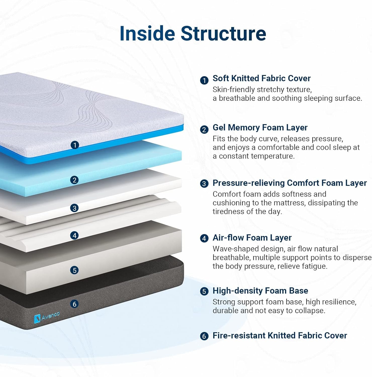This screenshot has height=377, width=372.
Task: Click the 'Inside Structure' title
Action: coord(193,33)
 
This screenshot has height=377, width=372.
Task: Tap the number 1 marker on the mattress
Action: coord(75,145)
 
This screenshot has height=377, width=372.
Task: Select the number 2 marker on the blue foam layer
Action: coord(74,180)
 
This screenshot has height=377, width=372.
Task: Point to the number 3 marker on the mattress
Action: coord(74,208)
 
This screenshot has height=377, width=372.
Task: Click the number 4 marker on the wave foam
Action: coord(74,235)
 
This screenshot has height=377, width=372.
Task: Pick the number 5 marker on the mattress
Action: coord(74,270)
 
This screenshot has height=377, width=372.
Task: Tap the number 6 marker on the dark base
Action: coord(74,304)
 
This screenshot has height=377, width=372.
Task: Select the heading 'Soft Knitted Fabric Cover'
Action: coord(261,78)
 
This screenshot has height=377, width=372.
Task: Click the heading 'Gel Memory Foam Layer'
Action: coord(260,128)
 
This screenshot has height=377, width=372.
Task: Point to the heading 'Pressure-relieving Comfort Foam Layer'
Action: coord(290,183)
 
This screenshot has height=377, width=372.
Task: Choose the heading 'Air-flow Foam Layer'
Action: coord(252,238)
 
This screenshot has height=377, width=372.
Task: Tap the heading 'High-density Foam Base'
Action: coord(260,291)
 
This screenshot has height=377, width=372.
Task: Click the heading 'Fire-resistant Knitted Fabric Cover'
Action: coord(280,336)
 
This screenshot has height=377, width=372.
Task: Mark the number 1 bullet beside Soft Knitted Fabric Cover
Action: coord(204,80)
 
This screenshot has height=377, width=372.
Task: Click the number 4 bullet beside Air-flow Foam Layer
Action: coord(204,238)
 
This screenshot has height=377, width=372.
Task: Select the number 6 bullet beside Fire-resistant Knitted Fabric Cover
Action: coord(204,336)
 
